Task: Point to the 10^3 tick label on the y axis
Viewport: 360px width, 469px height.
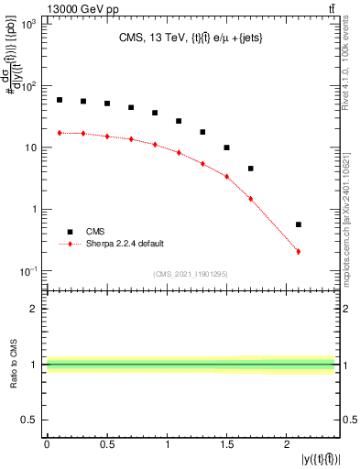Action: coord(29,26)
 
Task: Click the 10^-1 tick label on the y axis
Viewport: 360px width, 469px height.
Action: coord(29,271)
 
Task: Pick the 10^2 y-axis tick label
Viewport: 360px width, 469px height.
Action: coord(29,87)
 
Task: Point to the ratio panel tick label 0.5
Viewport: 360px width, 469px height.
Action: coord(32,420)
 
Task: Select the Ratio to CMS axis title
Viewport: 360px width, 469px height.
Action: coord(13,365)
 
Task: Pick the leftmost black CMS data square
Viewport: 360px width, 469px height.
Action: coord(60,100)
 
